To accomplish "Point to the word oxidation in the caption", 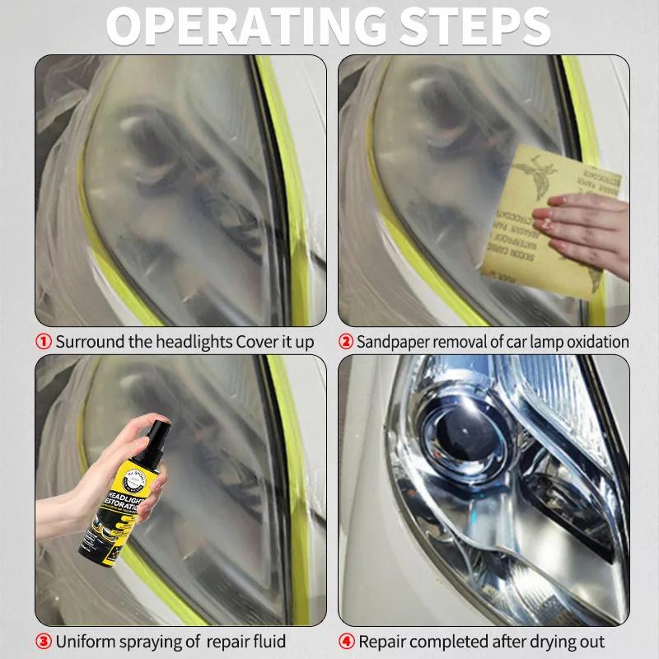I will (x=591, y=342).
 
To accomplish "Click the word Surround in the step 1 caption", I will (x=90, y=342).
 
